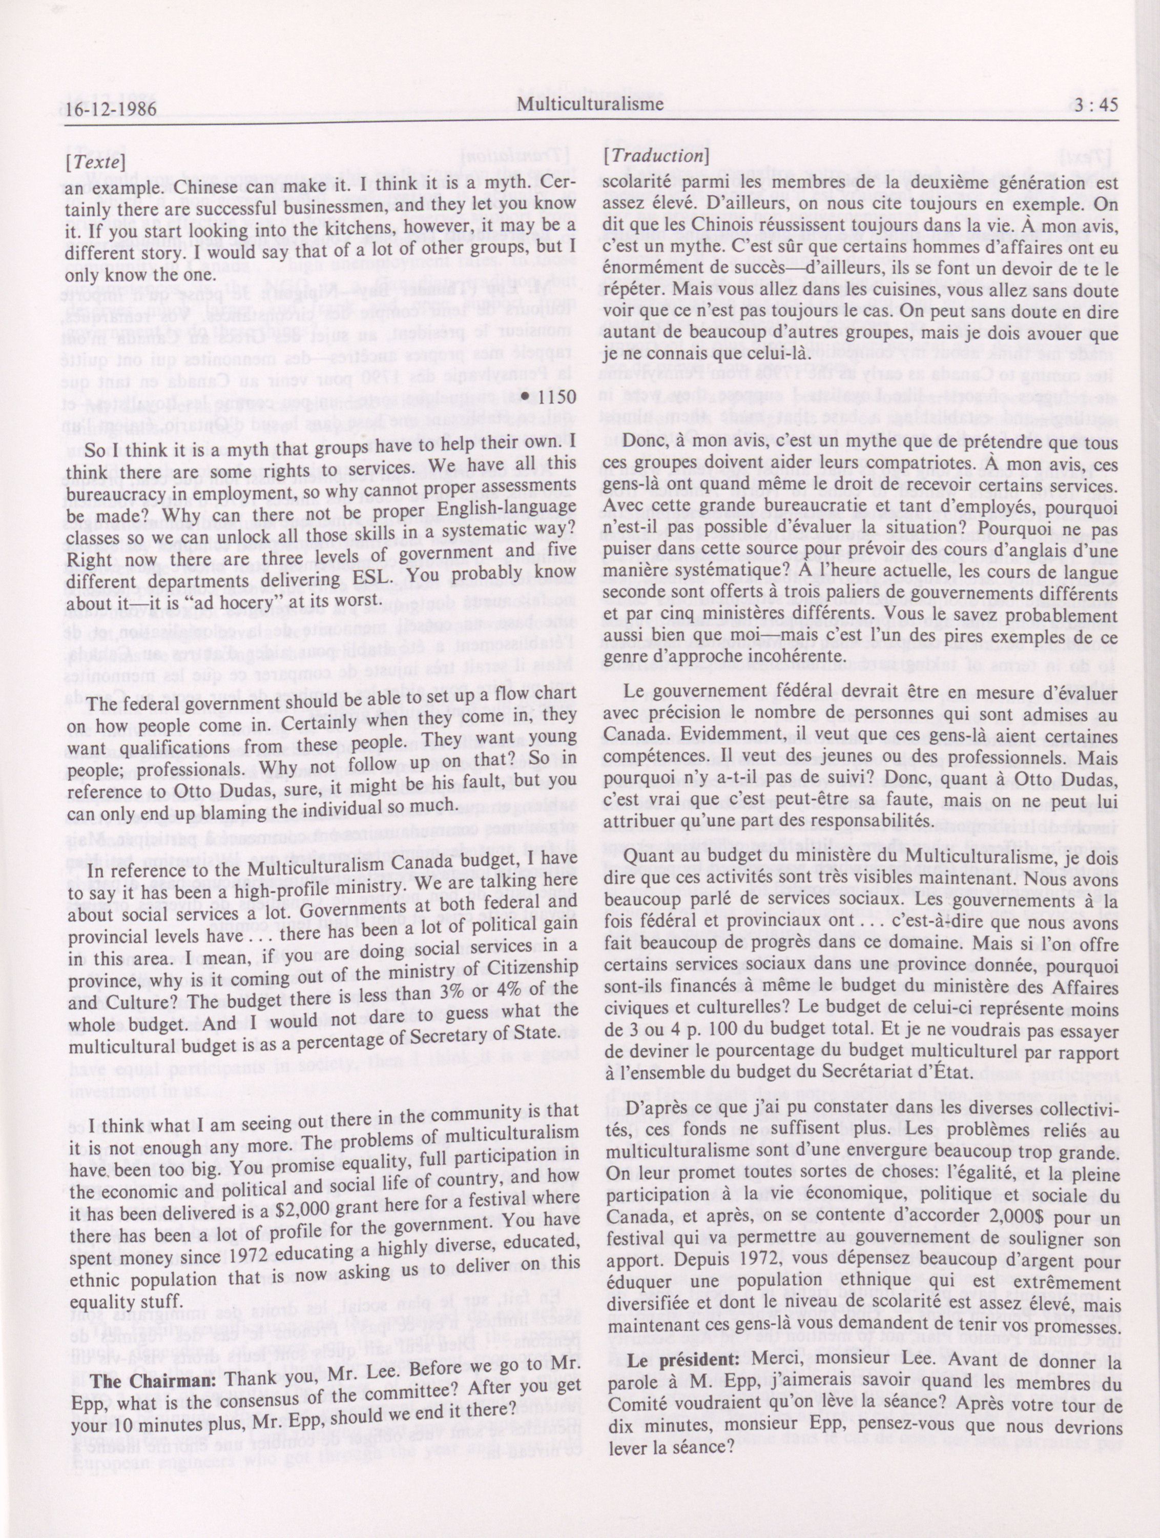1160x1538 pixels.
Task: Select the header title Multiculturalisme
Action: pos(589,104)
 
